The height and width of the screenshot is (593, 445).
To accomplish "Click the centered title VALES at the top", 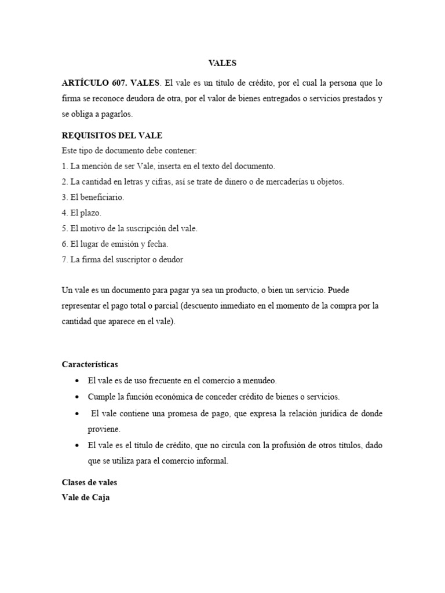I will point(222,64).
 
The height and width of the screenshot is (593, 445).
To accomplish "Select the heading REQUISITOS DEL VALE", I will point(112,136).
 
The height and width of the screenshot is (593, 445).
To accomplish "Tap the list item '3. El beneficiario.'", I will point(93,197).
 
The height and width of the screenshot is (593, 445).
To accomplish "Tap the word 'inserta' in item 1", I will point(172,166).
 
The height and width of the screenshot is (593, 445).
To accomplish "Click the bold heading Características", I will point(90,364).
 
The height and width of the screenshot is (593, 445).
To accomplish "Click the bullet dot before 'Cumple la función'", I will point(77,397).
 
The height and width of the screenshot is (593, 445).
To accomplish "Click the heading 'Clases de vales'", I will point(89,482).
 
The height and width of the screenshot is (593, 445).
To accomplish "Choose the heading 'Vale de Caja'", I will point(85,497).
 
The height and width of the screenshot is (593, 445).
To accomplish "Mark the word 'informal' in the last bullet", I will point(211,461).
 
